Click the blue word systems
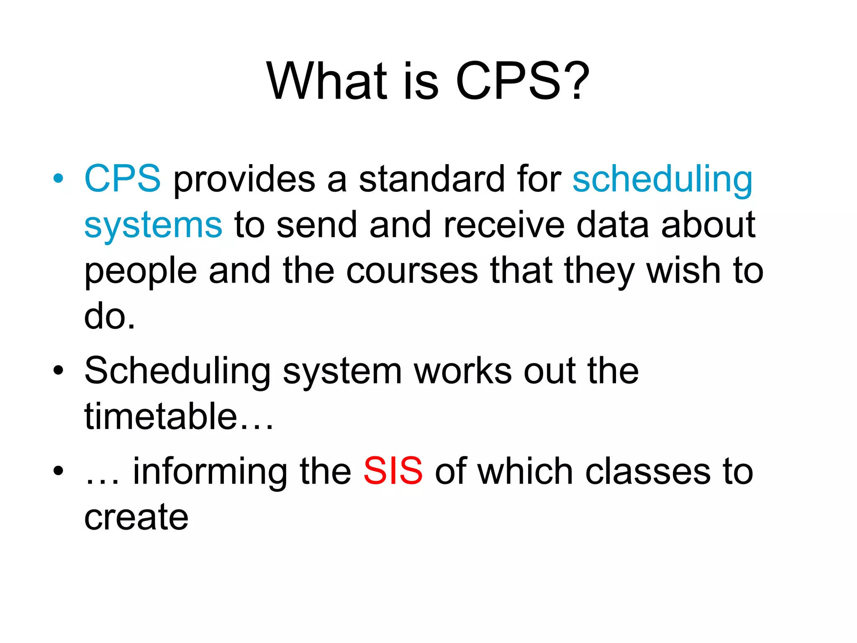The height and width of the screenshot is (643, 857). pos(153,226)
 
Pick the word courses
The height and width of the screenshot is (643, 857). pos(412,271)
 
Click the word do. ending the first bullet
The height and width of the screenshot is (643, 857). pos(110,317)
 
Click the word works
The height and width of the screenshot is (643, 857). pos(463,371)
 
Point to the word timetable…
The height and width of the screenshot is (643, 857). pos(179,417)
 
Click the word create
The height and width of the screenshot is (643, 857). pos(136,517)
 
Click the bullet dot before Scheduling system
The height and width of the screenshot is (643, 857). pos(59,370)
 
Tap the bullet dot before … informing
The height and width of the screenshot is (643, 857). pos(59,471)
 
